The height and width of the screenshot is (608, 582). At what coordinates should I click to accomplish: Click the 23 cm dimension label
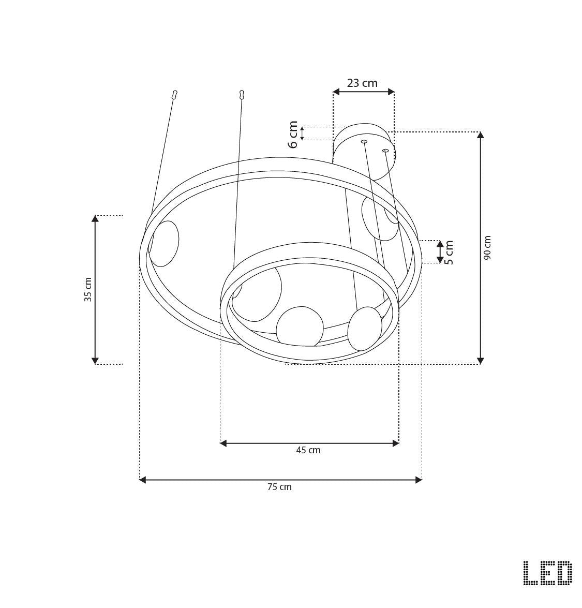tap(362, 83)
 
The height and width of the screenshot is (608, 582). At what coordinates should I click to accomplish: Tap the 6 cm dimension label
tap(293, 134)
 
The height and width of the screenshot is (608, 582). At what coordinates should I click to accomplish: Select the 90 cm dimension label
tap(487, 247)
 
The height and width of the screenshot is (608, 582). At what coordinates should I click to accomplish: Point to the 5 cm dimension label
tap(449, 252)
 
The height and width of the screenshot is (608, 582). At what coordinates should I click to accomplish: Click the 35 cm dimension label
tap(88, 289)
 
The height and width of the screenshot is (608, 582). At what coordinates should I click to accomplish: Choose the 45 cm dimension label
tap(308, 450)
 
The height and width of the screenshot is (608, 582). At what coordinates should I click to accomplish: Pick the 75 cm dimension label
tap(279, 486)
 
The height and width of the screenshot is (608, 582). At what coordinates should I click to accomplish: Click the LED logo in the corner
tap(547, 573)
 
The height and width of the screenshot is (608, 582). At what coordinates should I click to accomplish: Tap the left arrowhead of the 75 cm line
tap(142, 480)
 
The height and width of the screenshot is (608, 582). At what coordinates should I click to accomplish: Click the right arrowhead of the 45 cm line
tap(396, 443)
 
